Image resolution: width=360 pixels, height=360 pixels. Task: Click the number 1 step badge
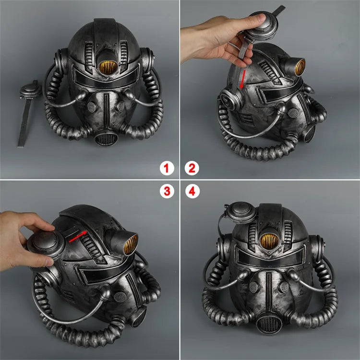[167, 168]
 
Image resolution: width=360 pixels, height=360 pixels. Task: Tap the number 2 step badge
[192, 168]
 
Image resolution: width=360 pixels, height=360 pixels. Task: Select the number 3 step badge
[167, 191]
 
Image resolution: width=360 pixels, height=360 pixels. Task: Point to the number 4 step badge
[192, 191]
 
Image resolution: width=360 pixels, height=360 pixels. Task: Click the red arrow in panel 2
[243, 79]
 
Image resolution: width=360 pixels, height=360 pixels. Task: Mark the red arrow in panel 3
[78, 237]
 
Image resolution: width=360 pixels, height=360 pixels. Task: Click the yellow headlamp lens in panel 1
[108, 67]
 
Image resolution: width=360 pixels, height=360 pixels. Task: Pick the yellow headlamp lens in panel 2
[300, 67]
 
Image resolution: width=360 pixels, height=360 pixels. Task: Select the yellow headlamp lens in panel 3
[131, 244]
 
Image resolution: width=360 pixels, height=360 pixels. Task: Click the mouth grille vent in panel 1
[106, 138]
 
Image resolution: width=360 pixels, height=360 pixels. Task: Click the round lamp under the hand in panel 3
[46, 244]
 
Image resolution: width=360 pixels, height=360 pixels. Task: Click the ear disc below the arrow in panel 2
[230, 99]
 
